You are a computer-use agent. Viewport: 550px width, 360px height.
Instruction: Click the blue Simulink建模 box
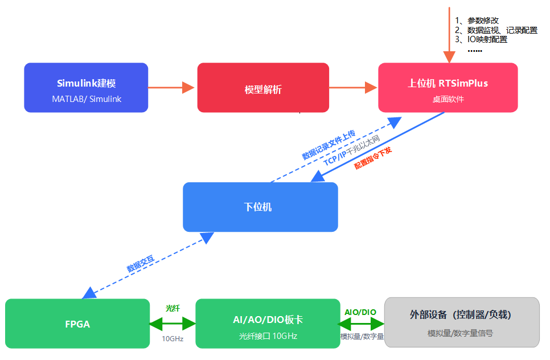(x=86, y=88)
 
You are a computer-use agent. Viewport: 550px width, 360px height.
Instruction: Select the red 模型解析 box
(x=263, y=88)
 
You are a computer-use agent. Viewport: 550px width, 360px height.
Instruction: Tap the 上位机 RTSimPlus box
(x=448, y=88)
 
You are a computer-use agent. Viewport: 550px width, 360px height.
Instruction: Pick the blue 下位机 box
(x=260, y=207)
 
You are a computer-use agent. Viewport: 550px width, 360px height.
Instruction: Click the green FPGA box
(x=77, y=324)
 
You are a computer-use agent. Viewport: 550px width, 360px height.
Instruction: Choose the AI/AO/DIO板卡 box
(x=268, y=324)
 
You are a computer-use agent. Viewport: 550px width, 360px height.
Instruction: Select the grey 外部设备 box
(x=462, y=322)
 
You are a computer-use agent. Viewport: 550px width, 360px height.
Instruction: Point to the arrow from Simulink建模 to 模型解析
(x=171, y=87)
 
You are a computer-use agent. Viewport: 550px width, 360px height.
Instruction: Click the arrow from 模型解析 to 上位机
(x=353, y=87)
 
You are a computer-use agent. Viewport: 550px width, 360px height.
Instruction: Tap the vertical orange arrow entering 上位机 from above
(x=449, y=35)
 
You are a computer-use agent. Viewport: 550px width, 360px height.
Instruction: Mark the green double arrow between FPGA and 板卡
(x=173, y=324)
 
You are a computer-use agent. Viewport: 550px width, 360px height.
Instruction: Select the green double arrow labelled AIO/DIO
(x=361, y=324)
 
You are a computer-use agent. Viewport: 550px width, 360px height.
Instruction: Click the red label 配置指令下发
(x=373, y=158)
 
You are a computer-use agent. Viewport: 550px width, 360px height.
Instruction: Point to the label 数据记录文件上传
(x=329, y=145)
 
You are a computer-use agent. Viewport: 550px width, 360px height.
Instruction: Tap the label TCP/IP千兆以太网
(x=351, y=150)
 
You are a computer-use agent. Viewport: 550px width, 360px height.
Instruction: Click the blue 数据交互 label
(x=141, y=264)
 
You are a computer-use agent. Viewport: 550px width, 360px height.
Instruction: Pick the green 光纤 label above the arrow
(x=173, y=308)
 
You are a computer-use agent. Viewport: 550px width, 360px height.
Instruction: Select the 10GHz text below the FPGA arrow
(x=173, y=338)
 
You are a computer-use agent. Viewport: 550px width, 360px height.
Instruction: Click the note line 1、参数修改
(x=477, y=21)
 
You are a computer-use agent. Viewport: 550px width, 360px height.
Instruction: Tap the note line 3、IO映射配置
(x=481, y=39)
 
